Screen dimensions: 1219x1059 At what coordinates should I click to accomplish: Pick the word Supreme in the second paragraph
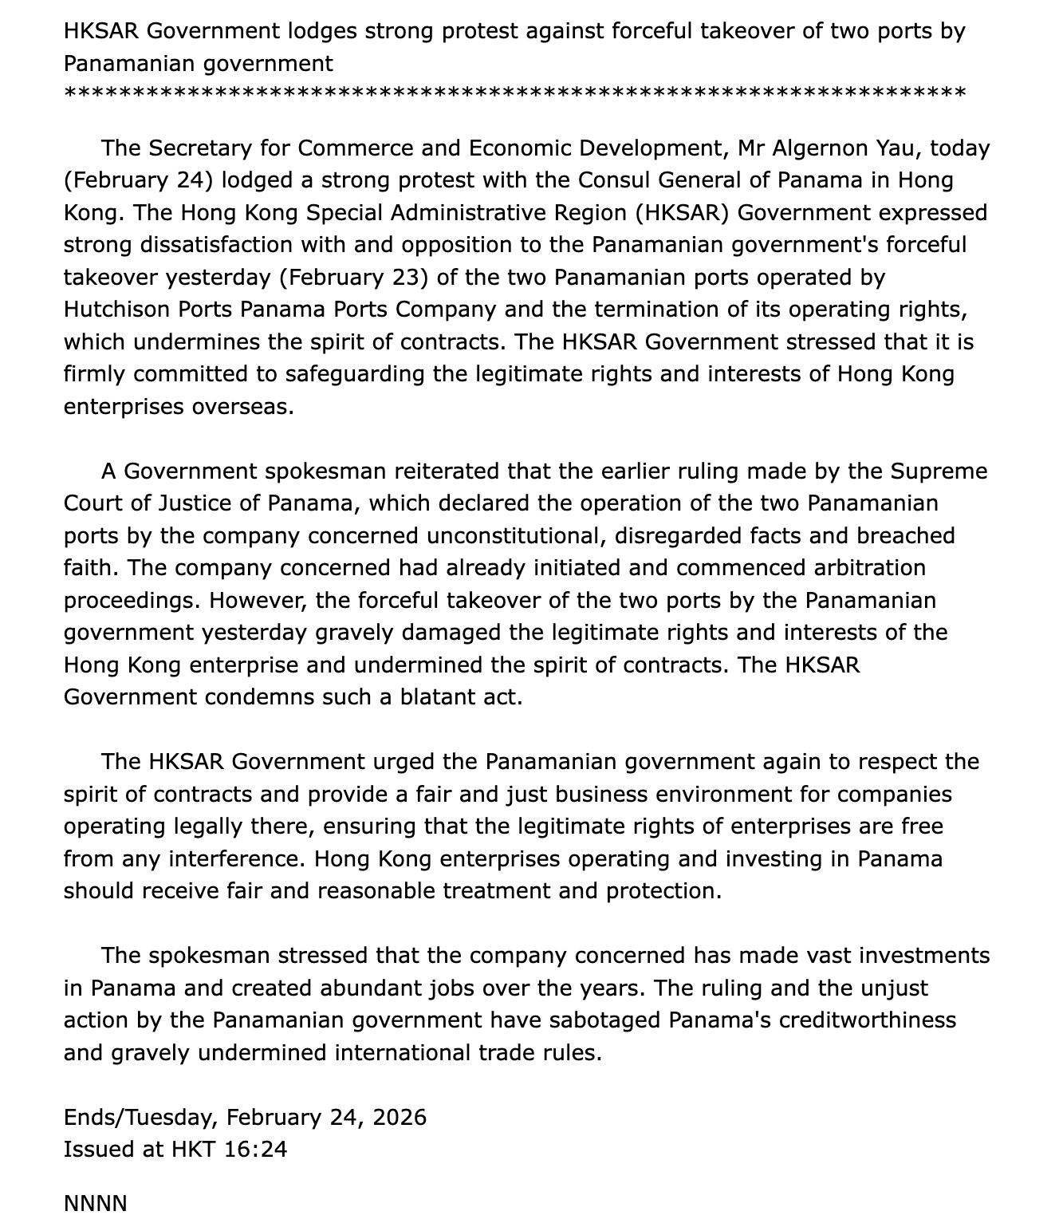coord(939,471)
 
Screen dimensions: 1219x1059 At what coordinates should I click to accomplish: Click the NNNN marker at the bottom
coord(96,1203)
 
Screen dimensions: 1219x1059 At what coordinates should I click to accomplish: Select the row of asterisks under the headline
coord(514,94)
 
